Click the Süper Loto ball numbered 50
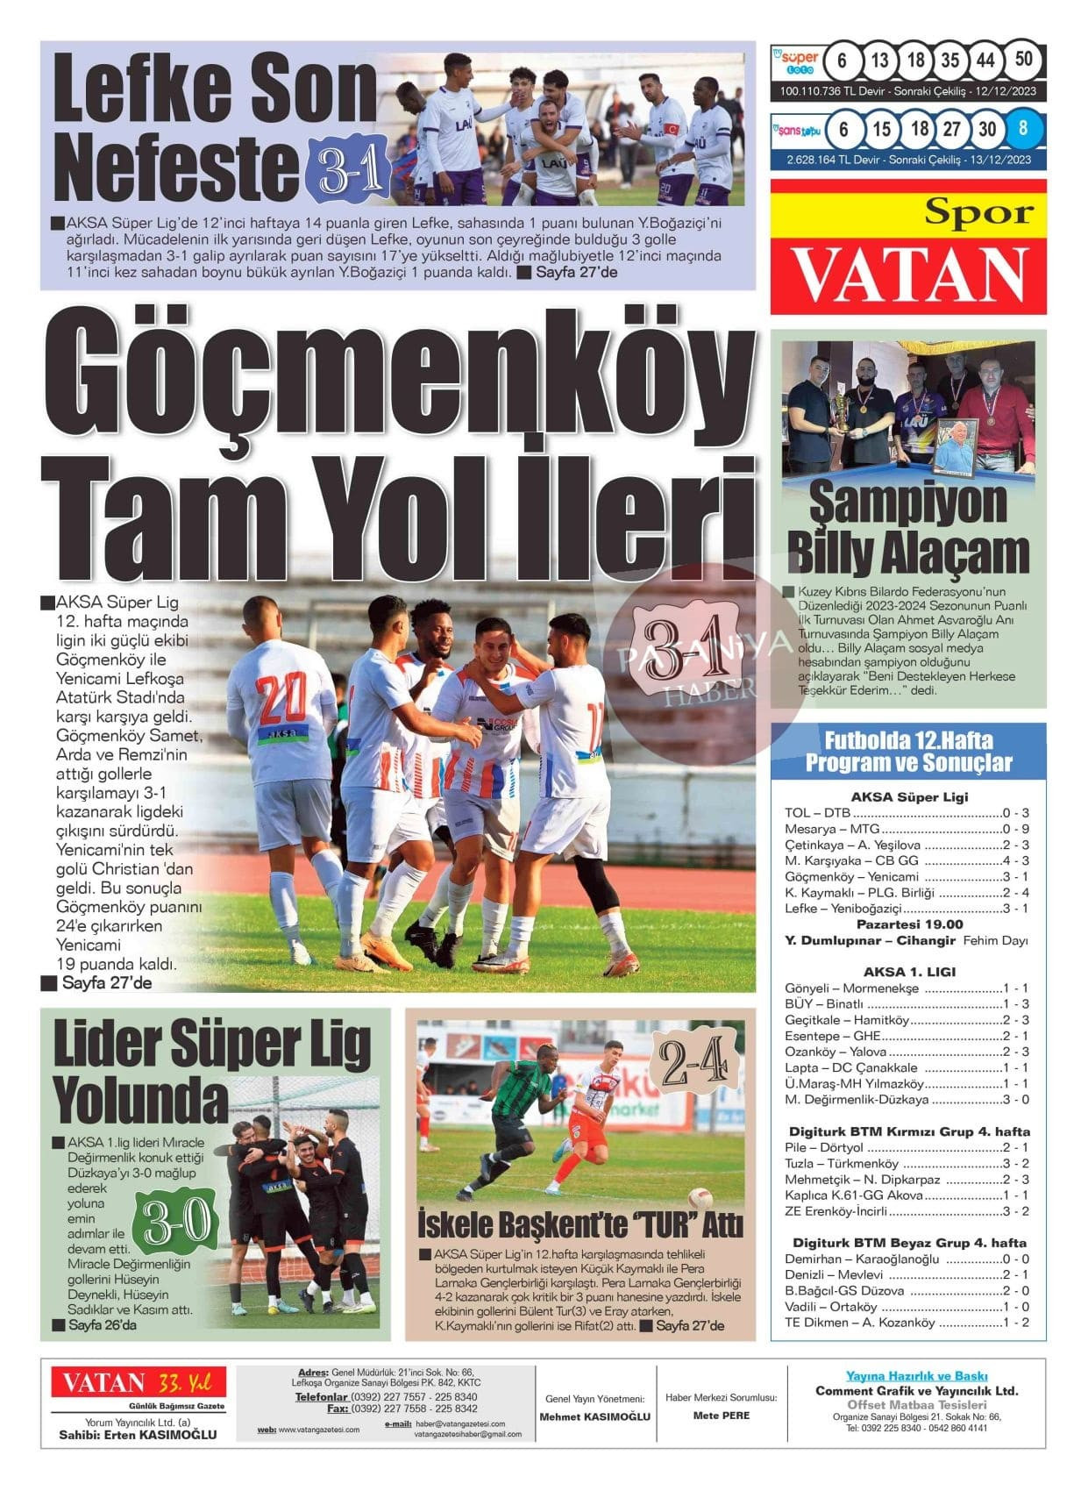coord(1023,61)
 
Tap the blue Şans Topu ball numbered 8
coord(1023,129)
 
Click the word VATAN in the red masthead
coord(910,275)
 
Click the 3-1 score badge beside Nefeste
coord(348,171)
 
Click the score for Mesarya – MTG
coord(1015,829)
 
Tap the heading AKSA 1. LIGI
coord(909,972)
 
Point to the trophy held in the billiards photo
coord(841,411)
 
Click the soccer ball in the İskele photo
coord(699,1198)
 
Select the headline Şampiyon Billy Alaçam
coord(907,527)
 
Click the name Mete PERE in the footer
coord(721,1415)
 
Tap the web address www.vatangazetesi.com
coord(318,1430)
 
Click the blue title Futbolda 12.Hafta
coord(908,740)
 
